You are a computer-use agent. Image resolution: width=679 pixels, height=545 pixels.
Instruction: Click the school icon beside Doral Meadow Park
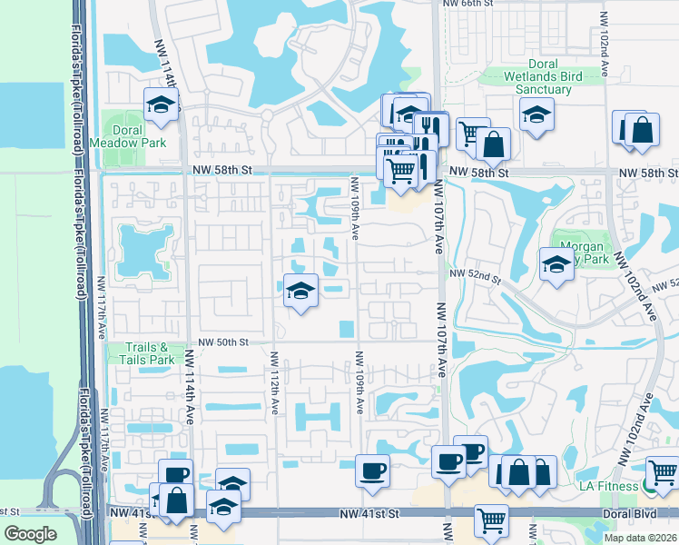[x=161, y=104]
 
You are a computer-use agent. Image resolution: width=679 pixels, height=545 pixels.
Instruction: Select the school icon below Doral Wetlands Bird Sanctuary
[x=536, y=114]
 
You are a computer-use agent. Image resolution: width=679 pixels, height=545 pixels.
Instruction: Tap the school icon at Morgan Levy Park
[x=556, y=265]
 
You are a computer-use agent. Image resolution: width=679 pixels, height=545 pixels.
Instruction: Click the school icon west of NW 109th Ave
[x=300, y=291]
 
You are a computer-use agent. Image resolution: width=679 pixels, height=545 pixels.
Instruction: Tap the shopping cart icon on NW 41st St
[x=491, y=521]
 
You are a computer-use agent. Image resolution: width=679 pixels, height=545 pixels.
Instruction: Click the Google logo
[x=30, y=534]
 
